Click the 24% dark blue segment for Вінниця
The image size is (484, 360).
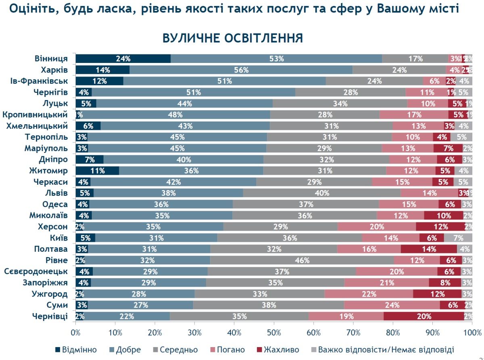click(x=123, y=59)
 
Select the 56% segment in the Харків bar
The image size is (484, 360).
click(x=241, y=70)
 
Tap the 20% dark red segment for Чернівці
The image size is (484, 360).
click(x=424, y=316)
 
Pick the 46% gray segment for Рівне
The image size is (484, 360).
click(x=302, y=260)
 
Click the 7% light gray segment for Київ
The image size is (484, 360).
click(x=459, y=238)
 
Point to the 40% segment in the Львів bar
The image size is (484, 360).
click(x=322, y=193)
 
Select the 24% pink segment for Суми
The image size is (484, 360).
click(x=392, y=305)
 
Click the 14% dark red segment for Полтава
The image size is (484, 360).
click(x=429, y=249)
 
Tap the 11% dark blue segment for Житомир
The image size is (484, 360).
click(x=97, y=171)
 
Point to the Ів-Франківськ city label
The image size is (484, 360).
click(x=39, y=81)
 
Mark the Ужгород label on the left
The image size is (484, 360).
click(x=50, y=294)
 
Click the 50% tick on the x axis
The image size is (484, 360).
click(x=274, y=333)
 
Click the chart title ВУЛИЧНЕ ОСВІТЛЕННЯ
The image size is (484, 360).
click(x=233, y=38)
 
